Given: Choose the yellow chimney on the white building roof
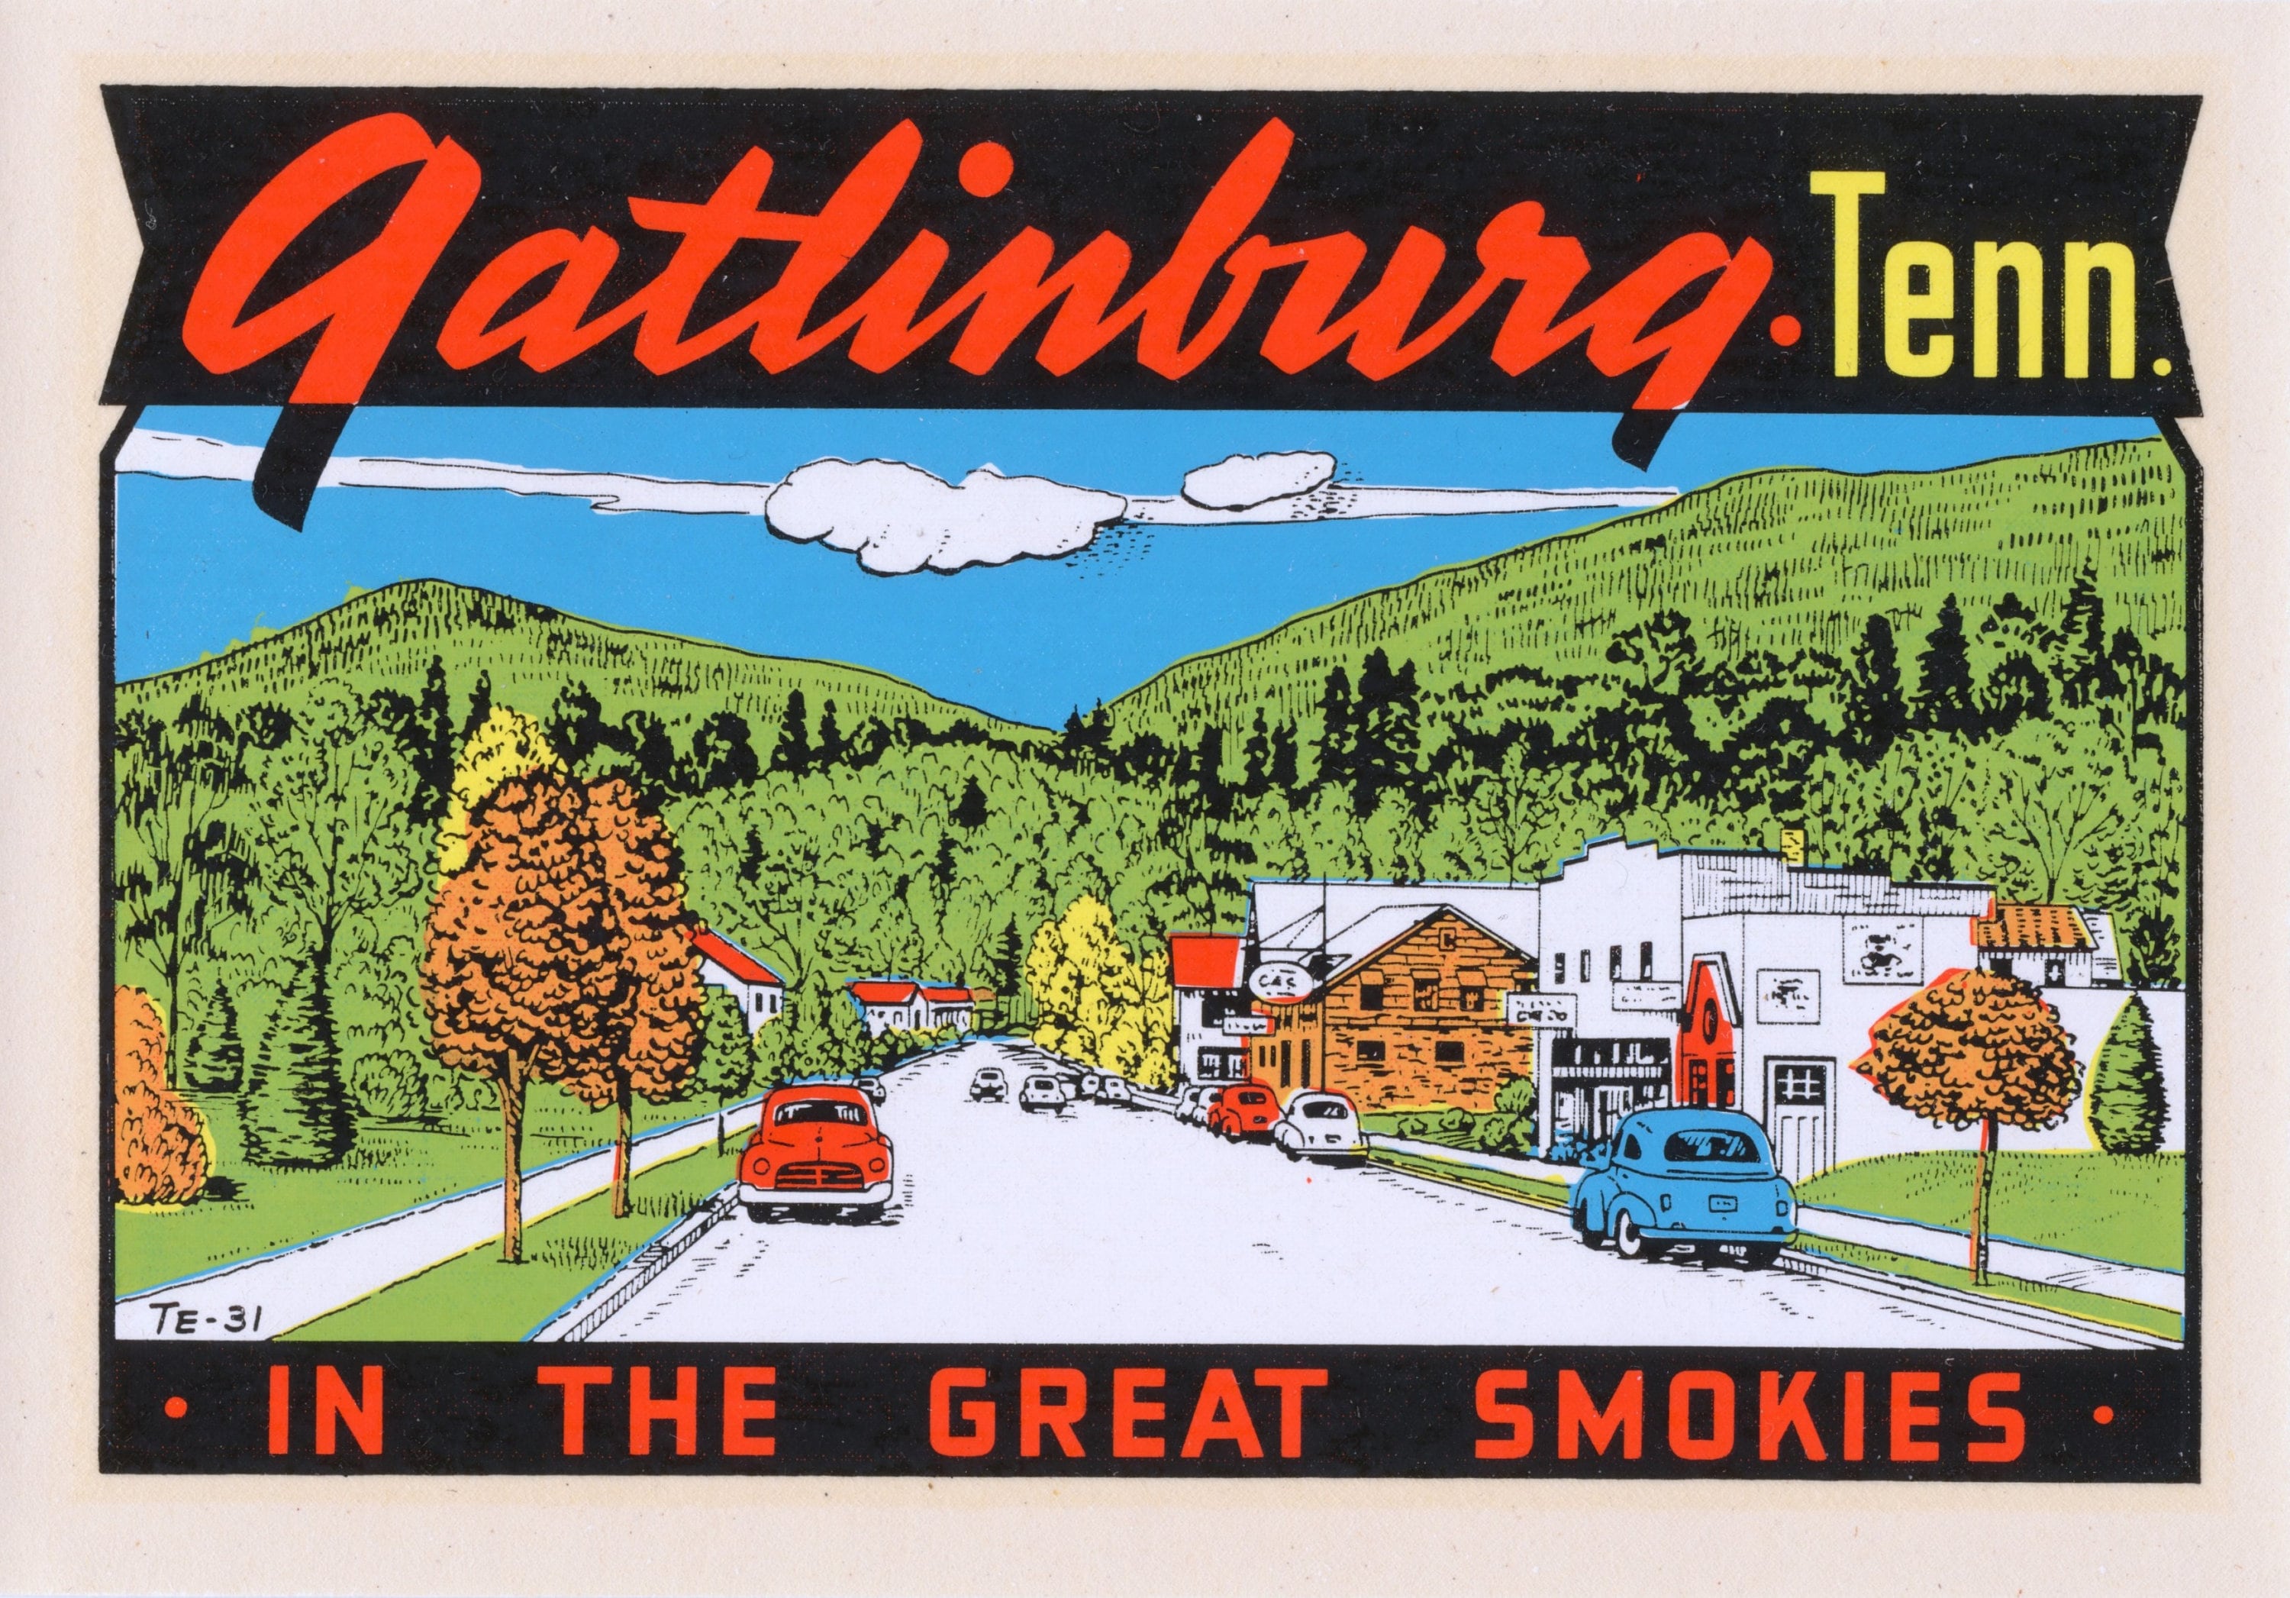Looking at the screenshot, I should click(1792, 844).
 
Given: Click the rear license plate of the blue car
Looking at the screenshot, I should click(1721, 1204).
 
